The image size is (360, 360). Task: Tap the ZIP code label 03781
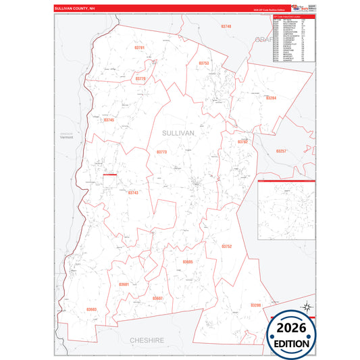tap(140, 48)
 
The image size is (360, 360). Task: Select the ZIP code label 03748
tap(226, 26)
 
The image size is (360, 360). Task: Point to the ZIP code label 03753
tap(204, 63)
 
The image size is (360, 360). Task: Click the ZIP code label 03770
tap(140, 79)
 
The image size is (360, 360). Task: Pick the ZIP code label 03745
tap(109, 120)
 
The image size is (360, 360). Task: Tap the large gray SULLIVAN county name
tap(178, 134)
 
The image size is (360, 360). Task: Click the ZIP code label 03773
tap(161, 152)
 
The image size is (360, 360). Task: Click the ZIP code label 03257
tap(282, 151)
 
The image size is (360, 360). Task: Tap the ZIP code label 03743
tap(133, 192)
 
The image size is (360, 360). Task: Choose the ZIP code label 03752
tap(227, 247)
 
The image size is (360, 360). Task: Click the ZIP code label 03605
tap(188, 261)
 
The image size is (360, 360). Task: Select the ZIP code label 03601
tap(124, 284)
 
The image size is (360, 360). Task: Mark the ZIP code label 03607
tap(157, 298)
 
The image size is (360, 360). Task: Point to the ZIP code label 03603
tap(92, 309)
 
